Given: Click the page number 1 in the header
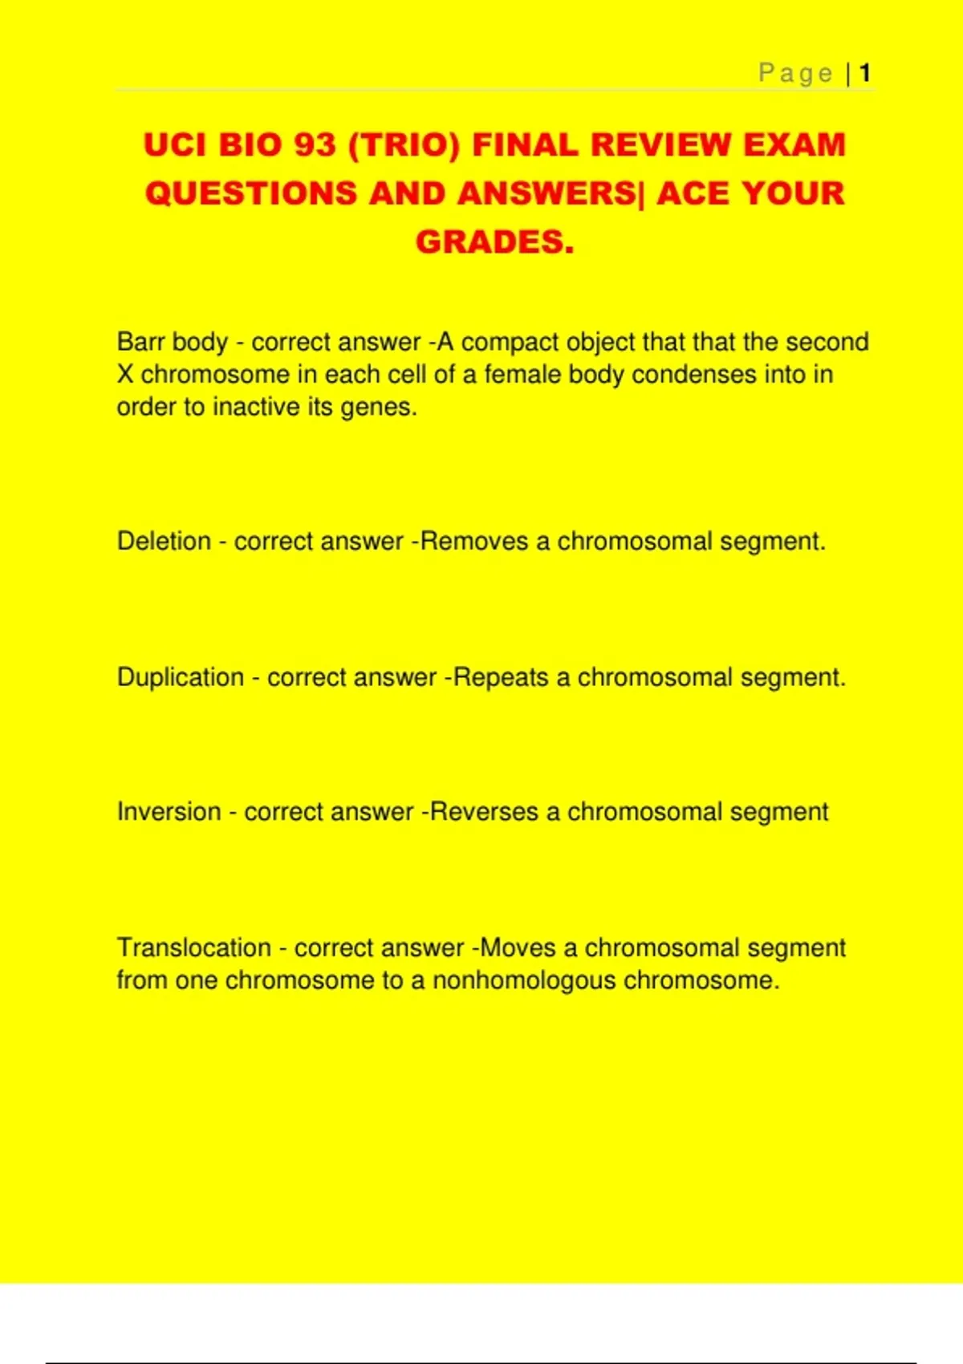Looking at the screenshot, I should [x=865, y=74].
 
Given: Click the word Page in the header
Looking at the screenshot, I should [x=795, y=74].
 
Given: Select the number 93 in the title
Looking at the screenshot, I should [x=314, y=145].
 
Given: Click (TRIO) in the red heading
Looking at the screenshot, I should [x=404, y=145].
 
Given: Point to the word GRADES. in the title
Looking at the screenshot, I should [x=494, y=242].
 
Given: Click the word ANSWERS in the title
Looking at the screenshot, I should [x=546, y=193].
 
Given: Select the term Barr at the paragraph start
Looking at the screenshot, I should [x=140, y=342].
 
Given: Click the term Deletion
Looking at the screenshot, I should [x=164, y=542].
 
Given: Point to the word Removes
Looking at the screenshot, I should [x=474, y=542].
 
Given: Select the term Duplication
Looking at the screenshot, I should [x=180, y=677].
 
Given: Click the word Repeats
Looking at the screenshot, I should [x=501, y=677].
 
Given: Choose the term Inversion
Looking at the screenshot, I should [x=169, y=812].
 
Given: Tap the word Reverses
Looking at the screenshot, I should [x=484, y=812].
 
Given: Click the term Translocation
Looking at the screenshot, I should [x=193, y=948].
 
